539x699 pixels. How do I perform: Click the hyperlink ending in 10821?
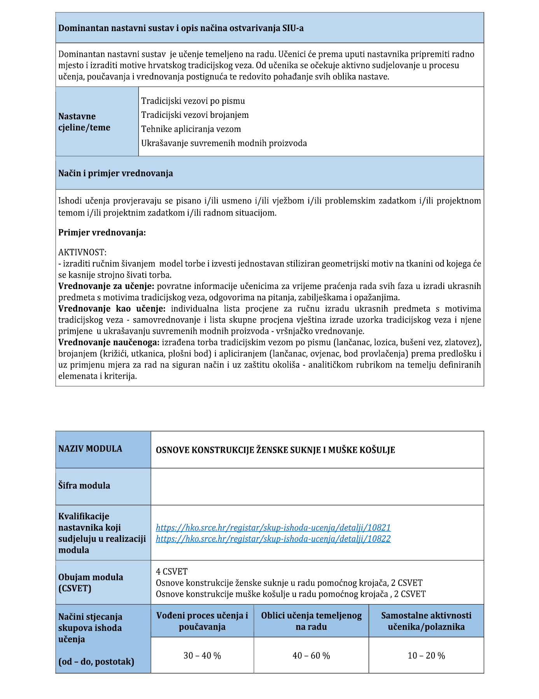click(x=273, y=527)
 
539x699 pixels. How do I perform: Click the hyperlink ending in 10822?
click(x=273, y=539)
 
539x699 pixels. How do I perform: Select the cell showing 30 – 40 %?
click(x=202, y=655)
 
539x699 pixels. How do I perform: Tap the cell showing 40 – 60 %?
click(x=311, y=655)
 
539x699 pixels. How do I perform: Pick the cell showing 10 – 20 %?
click(x=426, y=655)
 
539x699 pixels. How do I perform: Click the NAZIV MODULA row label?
click(x=90, y=448)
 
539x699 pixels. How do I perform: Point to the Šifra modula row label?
click(x=84, y=485)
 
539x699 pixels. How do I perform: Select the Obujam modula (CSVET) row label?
click(x=91, y=582)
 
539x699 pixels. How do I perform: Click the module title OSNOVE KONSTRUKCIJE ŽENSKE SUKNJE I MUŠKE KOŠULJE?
click(x=275, y=450)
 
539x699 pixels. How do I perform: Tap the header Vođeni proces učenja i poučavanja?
click(x=202, y=621)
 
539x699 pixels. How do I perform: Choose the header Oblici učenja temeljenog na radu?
click(x=311, y=621)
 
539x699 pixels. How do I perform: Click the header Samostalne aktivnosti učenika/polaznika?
click(x=426, y=621)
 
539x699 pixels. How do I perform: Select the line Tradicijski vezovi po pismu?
click(x=193, y=101)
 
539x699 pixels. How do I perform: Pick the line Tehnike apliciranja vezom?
click(x=191, y=129)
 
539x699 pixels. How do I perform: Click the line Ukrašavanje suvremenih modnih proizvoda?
click(x=224, y=143)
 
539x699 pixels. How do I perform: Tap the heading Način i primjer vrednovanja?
click(x=115, y=173)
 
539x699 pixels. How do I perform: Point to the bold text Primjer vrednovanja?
click(x=102, y=233)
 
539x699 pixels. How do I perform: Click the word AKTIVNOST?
click(x=82, y=252)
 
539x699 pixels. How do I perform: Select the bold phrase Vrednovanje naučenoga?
click(x=109, y=343)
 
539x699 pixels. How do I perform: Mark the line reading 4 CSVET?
click(x=171, y=571)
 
